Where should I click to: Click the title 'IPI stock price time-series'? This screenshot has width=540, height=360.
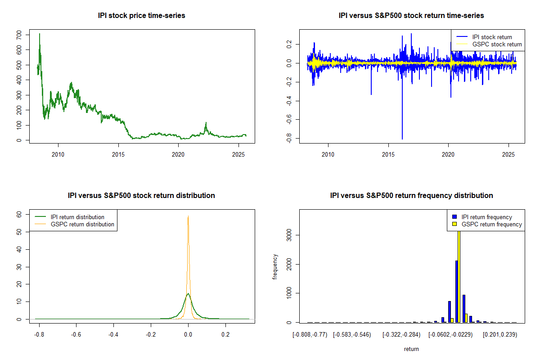click(141, 16)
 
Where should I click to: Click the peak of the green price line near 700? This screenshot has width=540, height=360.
click(40, 34)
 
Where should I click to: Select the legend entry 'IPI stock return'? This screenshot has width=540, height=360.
click(492, 37)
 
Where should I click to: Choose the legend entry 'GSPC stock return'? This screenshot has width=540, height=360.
click(497, 45)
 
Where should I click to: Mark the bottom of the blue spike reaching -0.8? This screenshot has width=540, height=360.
click(402, 139)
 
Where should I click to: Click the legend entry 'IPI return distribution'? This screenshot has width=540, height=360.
click(77, 217)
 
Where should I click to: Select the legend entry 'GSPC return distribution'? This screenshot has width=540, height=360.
click(82, 224)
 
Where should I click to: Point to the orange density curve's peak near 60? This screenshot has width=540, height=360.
click(188, 216)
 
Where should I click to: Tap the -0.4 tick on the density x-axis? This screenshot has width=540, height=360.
click(113, 335)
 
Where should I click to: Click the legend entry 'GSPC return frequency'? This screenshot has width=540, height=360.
click(491, 224)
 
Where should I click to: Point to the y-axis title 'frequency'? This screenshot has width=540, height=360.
click(275, 267)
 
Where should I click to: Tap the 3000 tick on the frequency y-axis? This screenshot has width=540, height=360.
click(288, 235)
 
